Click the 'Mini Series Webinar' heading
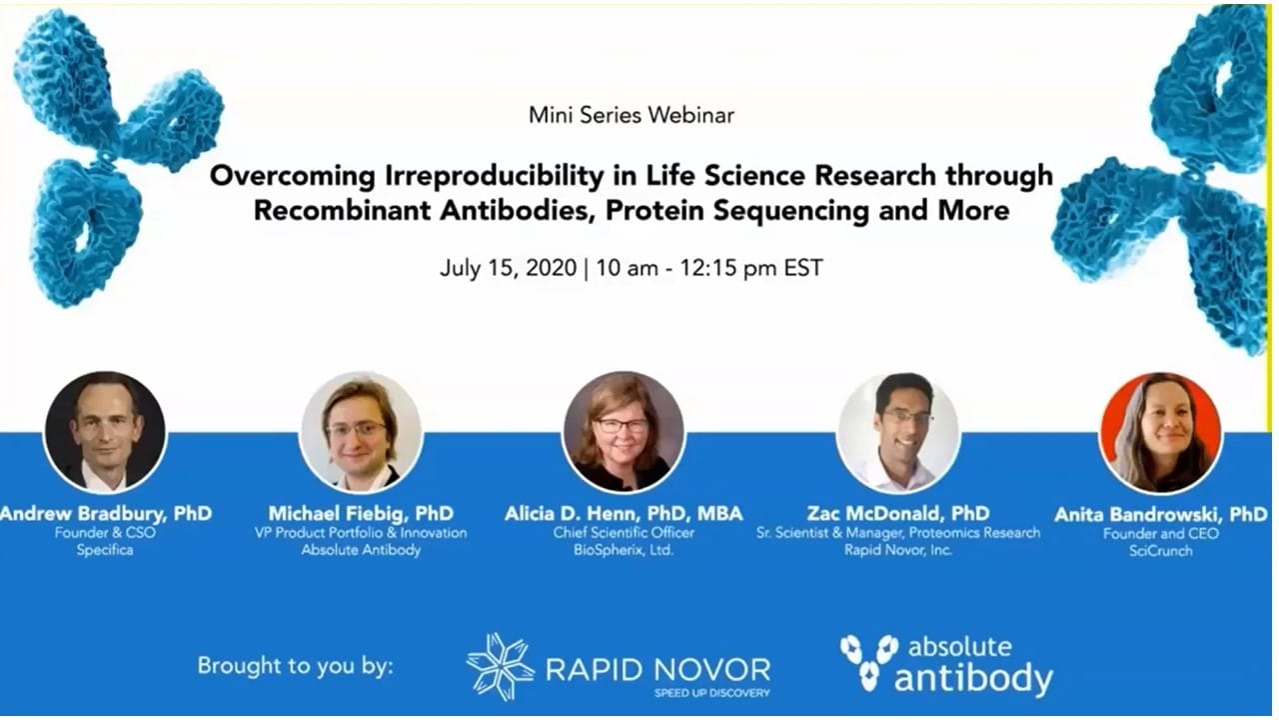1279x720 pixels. point(631,115)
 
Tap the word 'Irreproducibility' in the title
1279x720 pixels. point(494,175)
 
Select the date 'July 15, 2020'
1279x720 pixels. point(509,268)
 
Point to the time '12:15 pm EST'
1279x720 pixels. point(750,268)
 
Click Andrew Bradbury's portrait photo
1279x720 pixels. point(105,432)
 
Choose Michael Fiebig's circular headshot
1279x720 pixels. point(361,432)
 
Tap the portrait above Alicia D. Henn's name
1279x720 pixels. point(624,432)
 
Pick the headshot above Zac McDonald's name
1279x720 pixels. point(898,432)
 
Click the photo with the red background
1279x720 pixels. point(1161,433)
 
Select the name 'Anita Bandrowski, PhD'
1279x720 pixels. point(1161,515)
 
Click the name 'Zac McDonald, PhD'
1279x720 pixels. point(898,514)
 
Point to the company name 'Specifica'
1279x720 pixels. point(105,550)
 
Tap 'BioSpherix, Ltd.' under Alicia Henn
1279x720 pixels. point(624,550)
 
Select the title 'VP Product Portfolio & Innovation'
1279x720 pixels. point(361,533)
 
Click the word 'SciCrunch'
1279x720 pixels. point(1161,551)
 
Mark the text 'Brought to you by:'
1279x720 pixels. point(295,666)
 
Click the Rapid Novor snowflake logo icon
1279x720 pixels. point(501,667)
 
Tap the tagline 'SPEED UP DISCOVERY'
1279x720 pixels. point(712,693)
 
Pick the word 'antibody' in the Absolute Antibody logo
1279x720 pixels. point(973,679)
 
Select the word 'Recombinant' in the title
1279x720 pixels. point(342,210)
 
